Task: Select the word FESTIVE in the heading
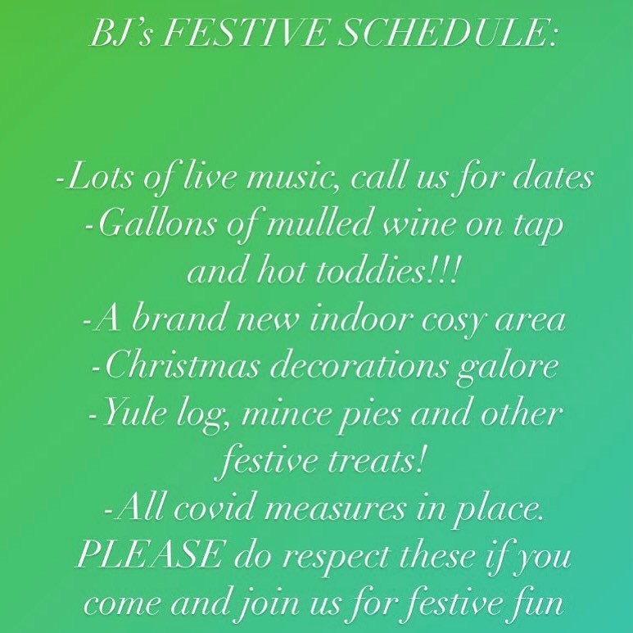[x=245, y=33]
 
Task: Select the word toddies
[x=368, y=271]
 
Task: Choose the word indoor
[x=360, y=319]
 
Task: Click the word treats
[x=376, y=462]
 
